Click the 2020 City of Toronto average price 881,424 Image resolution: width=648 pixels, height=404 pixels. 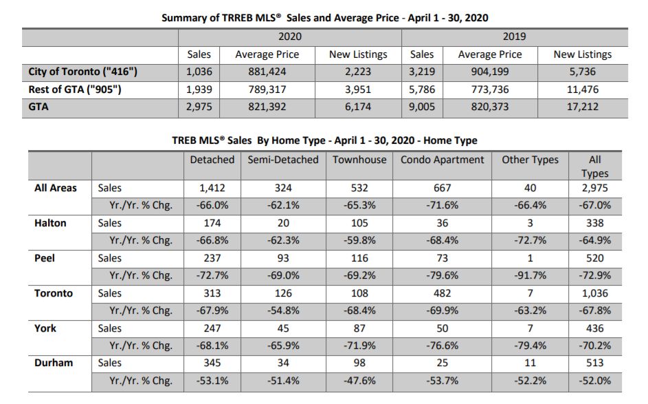(x=267, y=72)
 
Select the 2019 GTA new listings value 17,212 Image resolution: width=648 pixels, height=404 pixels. (x=582, y=107)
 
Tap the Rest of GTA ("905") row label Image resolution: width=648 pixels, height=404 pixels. (x=74, y=89)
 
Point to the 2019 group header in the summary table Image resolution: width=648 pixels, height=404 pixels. (x=514, y=36)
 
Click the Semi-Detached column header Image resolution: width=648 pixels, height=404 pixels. (x=283, y=160)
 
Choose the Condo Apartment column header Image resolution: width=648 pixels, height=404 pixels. (x=443, y=160)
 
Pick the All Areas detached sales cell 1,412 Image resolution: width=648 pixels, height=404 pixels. (x=212, y=188)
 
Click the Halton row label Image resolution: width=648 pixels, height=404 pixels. (x=50, y=223)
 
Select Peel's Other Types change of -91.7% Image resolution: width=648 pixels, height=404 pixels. (x=530, y=275)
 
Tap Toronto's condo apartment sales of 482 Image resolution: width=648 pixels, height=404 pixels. (x=442, y=293)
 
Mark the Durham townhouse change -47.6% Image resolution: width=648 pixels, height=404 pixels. (x=359, y=381)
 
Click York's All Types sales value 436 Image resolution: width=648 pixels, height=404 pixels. (x=594, y=328)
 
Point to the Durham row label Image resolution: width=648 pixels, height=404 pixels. (x=54, y=363)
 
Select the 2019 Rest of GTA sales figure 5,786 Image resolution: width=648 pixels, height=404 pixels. (x=422, y=89)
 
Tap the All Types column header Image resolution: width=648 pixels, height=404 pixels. (x=594, y=167)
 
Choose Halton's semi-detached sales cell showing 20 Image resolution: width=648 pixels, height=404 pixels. (x=283, y=223)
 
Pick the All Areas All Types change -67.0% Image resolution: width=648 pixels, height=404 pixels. (x=594, y=205)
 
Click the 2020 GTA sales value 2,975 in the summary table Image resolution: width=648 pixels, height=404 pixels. (x=199, y=107)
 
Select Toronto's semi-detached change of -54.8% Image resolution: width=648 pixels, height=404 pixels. (x=283, y=310)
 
